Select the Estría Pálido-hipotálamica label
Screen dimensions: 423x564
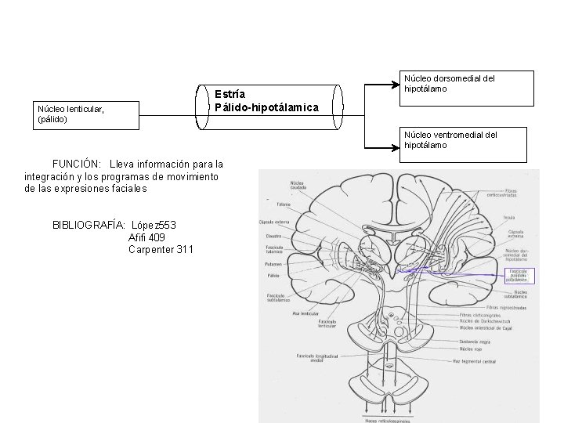266,100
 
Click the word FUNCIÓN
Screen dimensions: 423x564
76,164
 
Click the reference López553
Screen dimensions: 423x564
154,225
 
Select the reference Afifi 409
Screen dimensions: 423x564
146,237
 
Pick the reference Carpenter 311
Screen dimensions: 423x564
161,250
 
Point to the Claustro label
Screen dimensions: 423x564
273,235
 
